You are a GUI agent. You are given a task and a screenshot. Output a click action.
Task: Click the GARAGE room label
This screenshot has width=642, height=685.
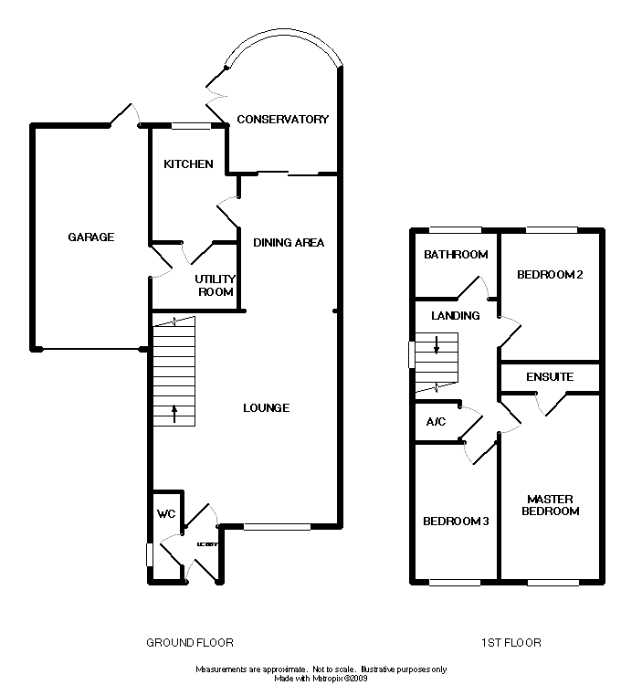(x=91, y=237)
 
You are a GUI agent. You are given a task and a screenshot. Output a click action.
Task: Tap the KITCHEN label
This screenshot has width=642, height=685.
(x=188, y=164)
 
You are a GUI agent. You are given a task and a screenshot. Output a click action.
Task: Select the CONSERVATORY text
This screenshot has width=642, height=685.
(x=282, y=120)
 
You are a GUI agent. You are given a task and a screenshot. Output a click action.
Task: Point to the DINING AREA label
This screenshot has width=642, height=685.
(x=289, y=242)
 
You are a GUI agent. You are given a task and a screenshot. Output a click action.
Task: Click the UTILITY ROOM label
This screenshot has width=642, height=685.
(x=216, y=285)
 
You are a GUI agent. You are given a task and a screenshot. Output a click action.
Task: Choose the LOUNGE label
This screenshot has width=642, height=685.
(x=268, y=407)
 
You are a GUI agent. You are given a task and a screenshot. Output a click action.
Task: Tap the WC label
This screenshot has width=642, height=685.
(x=166, y=514)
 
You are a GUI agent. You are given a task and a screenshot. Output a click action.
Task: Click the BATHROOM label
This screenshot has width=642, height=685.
(x=456, y=255)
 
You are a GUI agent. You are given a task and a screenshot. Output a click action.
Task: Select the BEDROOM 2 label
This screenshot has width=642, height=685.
(x=550, y=275)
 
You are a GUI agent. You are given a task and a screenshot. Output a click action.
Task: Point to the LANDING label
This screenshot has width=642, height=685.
(x=456, y=316)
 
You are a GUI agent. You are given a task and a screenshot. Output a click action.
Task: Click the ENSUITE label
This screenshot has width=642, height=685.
(x=550, y=376)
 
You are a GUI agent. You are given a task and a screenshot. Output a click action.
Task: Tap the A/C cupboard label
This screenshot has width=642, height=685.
(x=436, y=423)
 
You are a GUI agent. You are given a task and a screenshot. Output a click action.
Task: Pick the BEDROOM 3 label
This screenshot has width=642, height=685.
(x=456, y=522)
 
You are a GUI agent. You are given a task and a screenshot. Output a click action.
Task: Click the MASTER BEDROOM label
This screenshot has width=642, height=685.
(x=550, y=505)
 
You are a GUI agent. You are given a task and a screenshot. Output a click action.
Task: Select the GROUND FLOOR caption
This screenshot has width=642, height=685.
(x=190, y=643)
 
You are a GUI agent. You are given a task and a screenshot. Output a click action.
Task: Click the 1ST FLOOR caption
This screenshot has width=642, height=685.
(x=511, y=643)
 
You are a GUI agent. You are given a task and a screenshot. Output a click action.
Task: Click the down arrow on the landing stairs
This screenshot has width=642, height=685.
(x=437, y=344)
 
